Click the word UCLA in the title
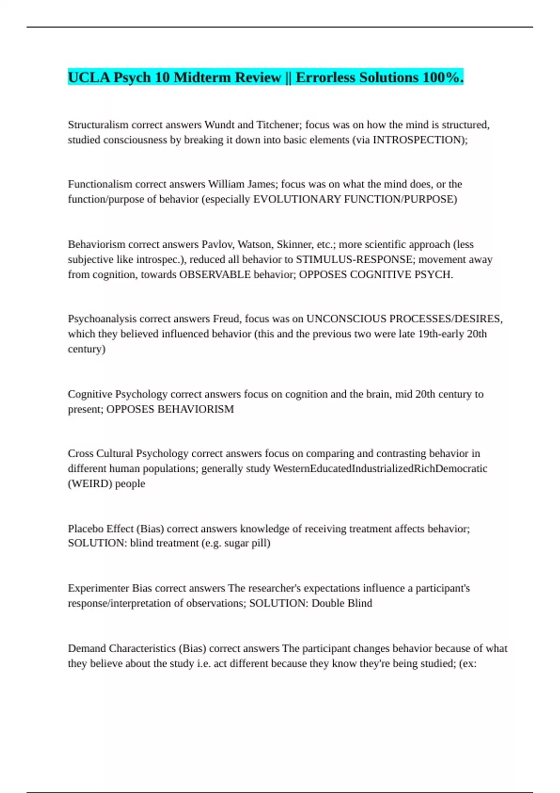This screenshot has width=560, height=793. [89, 77]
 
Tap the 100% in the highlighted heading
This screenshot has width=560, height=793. [443, 77]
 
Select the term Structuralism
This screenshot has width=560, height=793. [98, 125]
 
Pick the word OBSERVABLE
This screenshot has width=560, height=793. [215, 274]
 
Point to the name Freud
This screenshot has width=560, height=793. [226, 319]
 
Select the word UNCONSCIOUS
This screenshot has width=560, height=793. [346, 319]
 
